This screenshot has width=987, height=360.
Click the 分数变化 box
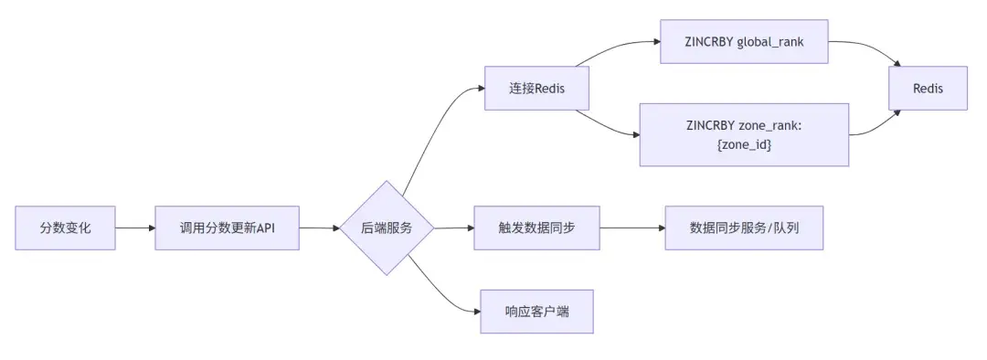pos(66,228)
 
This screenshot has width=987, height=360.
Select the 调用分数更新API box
pos(228,228)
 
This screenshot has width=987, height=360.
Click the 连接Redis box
pos(536,89)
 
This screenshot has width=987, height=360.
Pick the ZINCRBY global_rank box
pos(743,43)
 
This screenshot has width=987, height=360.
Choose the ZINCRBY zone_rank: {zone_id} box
pos(743,134)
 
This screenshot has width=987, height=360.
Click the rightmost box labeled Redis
pos(928,89)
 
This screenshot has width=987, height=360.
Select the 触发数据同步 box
pos(536,228)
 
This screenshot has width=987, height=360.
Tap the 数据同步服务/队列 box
pos(744,228)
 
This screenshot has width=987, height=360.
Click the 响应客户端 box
pos(536,312)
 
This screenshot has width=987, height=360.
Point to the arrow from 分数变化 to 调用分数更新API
pos(135,228)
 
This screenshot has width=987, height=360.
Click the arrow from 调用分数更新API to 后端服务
pos(319,228)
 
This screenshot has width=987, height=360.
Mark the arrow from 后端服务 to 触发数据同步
pos(453,228)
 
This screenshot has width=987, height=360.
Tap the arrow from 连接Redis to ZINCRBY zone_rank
pos(612,126)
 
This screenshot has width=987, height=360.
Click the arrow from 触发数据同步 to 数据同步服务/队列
pos(632,228)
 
